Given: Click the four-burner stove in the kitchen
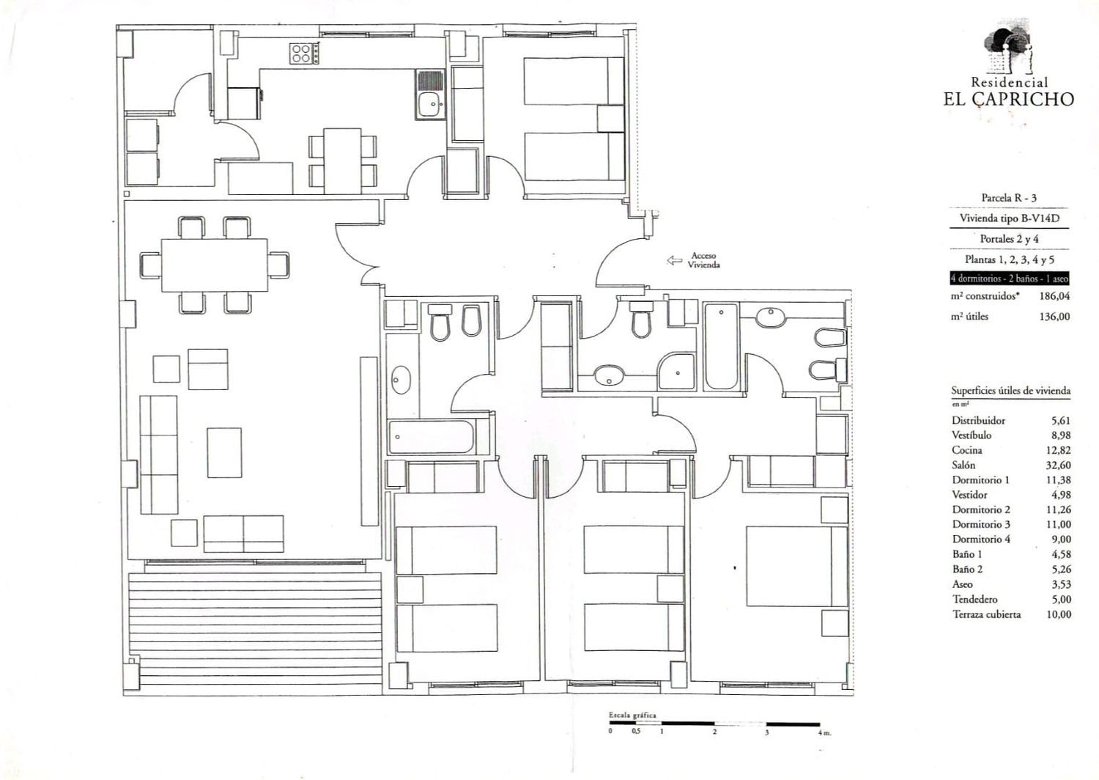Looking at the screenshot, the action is point(304,54).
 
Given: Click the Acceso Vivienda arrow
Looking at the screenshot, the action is point(675,261).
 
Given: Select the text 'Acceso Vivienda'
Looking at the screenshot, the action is point(703,260).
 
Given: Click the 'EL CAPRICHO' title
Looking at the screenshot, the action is point(1009,99).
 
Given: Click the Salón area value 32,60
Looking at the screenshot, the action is point(1059,465).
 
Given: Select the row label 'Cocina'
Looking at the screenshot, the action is point(967,450).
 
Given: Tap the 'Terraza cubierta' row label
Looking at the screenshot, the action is point(987,614).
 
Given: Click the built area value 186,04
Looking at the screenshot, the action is point(1054,296).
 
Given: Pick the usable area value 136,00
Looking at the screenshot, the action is point(1054,317).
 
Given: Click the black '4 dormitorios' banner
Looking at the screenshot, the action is point(1009,279).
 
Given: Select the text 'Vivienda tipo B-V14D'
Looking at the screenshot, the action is point(1009,218).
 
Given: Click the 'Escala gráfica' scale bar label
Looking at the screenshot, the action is point(632,715).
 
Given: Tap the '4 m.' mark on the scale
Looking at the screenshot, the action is point(825,733).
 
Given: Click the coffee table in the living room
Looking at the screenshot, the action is point(224,452).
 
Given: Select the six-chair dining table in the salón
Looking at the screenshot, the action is point(215,265).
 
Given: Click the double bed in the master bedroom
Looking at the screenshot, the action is point(797,567).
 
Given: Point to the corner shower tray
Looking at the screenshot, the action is point(676,371).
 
